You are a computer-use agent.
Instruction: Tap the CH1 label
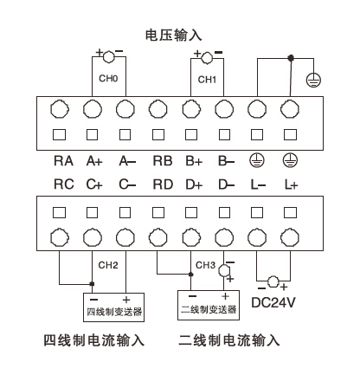(x=207, y=80)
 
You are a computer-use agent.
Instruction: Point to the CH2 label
(x=108, y=265)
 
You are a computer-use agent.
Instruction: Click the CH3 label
(x=206, y=265)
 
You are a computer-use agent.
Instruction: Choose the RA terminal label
(x=62, y=160)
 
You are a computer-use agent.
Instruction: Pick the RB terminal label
(x=160, y=160)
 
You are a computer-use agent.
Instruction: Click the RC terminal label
(x=62, y=185)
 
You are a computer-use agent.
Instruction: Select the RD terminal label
(x=160, y=185)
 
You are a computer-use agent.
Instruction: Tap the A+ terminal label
(x=93, y=160)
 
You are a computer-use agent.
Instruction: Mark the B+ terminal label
(x=192, y=160)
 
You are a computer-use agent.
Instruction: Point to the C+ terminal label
(x=93, y=185)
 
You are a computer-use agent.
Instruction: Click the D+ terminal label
(x=192, y=185)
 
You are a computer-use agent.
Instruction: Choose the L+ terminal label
(x=290, y=185)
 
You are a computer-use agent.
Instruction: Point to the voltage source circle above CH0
(x=109, y=56)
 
